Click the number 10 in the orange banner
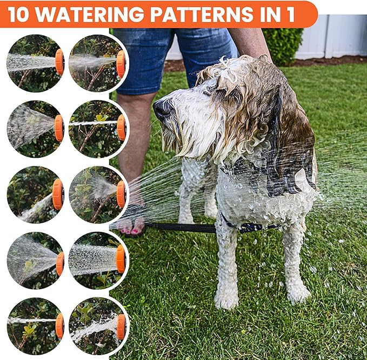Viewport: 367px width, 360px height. click(19, 15)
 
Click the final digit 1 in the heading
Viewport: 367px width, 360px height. click(291, 15)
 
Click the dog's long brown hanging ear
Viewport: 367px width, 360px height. click(289, 141)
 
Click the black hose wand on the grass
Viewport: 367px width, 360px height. click(178, 228)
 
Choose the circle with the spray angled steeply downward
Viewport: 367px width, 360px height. click(35, 195)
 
